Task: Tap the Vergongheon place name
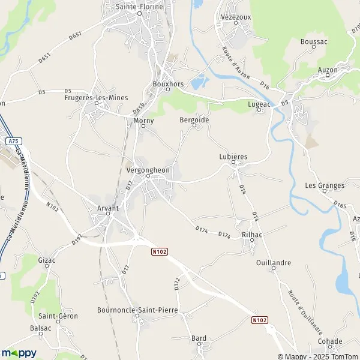click(149, 170)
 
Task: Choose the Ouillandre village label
click(273, 263)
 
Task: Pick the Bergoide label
click(194, 120)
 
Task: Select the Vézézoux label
click(235, 18)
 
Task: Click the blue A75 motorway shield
click(13, 141)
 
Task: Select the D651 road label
click(75, 36)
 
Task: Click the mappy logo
click(19, 353)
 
